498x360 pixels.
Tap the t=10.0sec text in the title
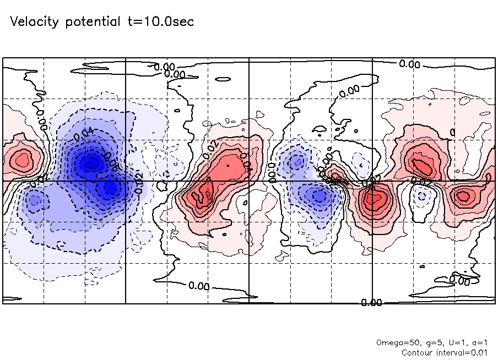159,22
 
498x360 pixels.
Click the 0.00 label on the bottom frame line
371,303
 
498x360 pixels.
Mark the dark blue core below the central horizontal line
110,188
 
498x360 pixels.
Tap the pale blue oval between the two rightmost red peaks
422,195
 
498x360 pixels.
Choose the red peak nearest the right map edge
462,195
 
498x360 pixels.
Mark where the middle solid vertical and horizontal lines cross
249,181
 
